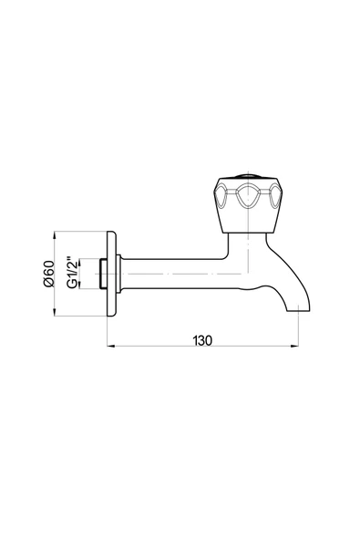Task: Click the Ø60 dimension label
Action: tap(48, 274)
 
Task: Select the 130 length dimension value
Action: tap(202, 340)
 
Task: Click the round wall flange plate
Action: tap(111, 274)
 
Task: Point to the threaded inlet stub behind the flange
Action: tap(103, 274)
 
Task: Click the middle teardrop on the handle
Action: tap(248, 196)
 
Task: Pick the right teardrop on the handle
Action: tap(274, 196)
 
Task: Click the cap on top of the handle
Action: tap(248, 177)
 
